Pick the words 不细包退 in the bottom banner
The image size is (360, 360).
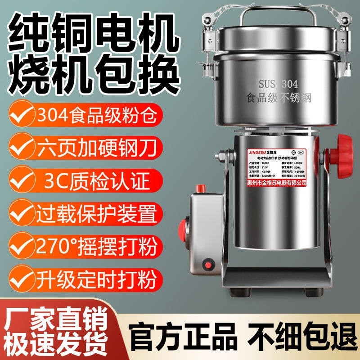[297, 333]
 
